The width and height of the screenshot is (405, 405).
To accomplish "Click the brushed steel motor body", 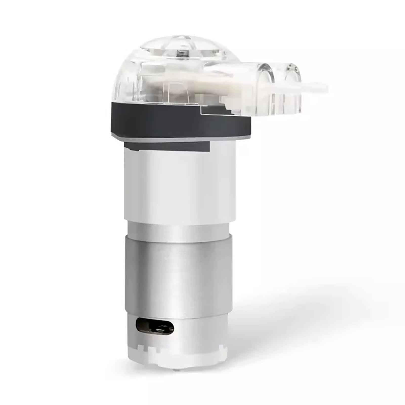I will [177, 273].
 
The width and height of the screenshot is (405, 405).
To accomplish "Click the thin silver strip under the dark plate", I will [177, 139].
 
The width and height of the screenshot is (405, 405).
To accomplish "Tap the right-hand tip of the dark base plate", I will [249, 126].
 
